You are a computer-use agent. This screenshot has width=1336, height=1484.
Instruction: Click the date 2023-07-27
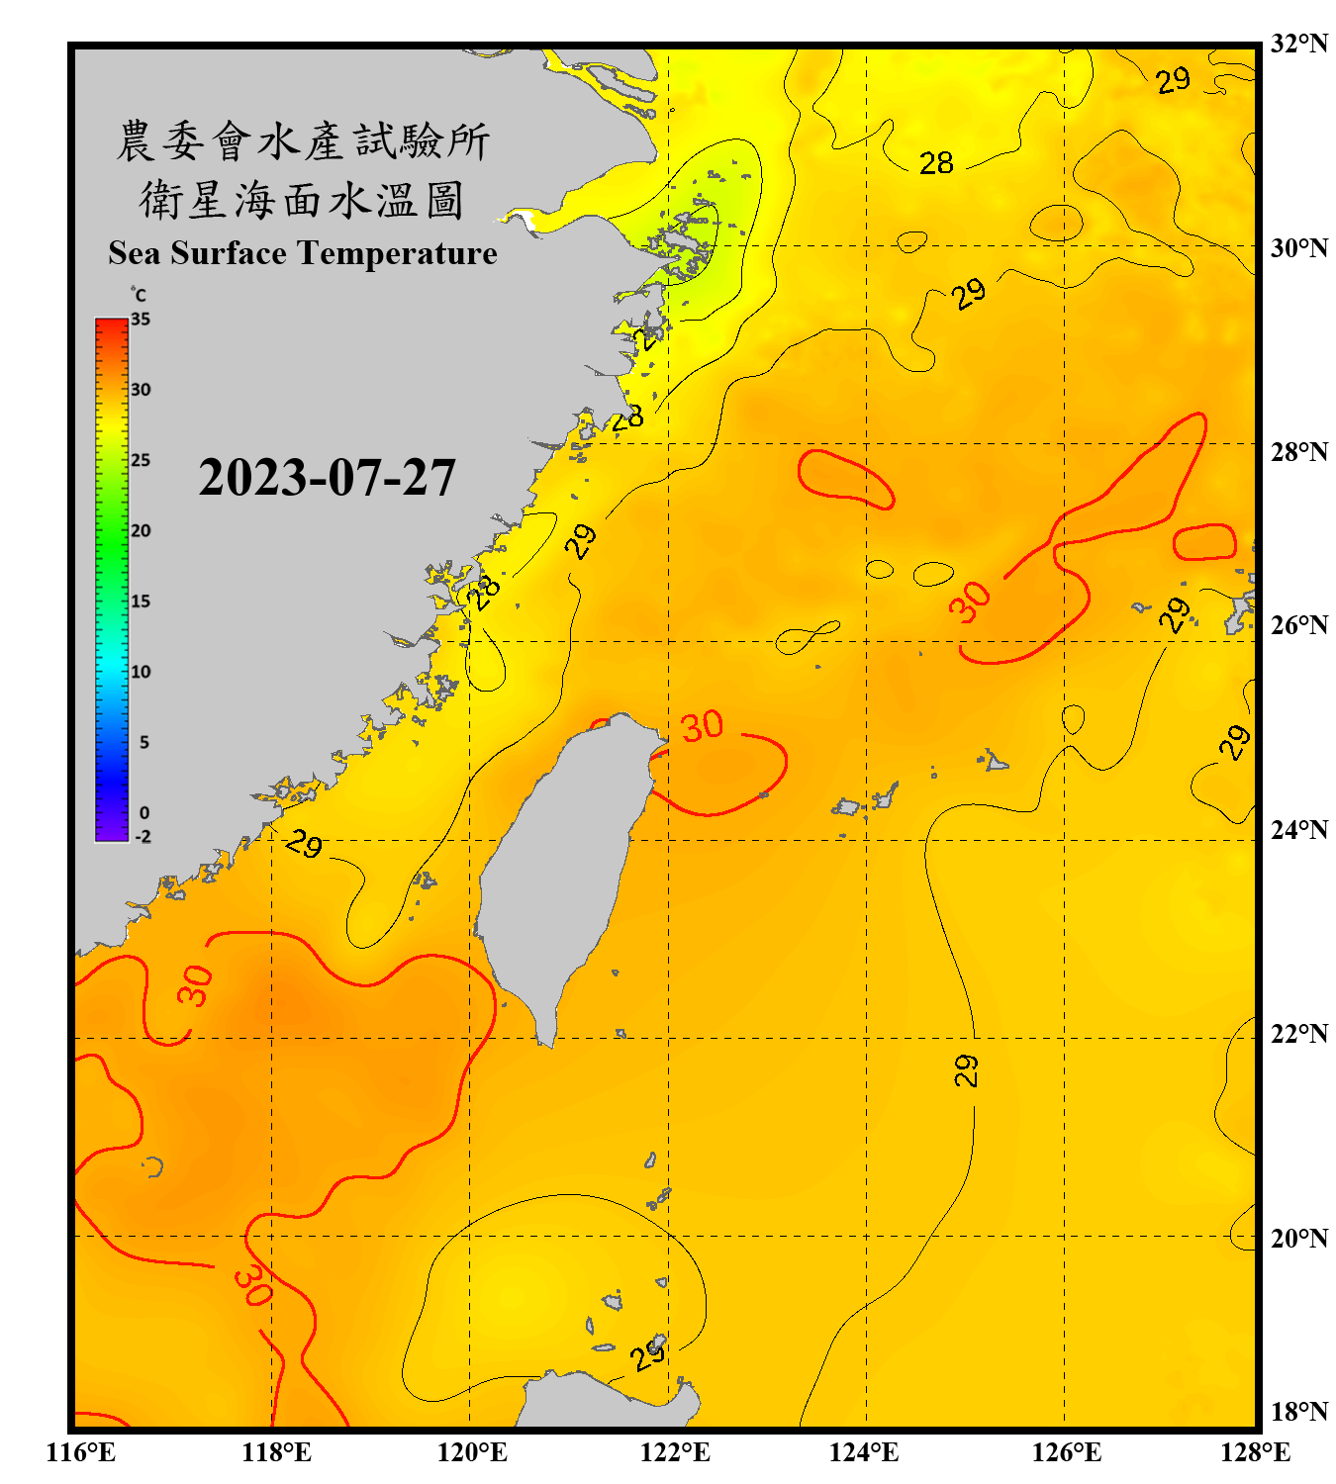tap(327, 478)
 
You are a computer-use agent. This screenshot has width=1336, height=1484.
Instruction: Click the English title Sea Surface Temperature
tap(303, 253)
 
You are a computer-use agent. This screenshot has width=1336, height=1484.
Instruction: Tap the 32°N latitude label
tap(1298, 44)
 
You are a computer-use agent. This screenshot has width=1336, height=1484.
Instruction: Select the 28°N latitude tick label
tap(1298, 452)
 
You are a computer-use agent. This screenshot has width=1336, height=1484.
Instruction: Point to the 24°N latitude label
tap(1298, 829)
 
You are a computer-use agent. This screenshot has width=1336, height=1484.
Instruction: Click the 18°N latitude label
tap(1298, 1411)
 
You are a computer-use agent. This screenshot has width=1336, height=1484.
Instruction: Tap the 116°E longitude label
tap(81, 1452)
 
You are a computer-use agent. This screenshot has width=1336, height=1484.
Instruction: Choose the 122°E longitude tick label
tap(675, 1452)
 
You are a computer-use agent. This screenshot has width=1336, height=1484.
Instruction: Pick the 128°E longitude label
tap(1255, 1452)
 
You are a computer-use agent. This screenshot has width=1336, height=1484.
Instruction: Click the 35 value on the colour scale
tap(141, 320)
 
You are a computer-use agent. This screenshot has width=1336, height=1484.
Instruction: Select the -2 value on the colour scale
tap(143, 837)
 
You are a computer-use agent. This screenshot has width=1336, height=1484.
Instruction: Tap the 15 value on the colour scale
tap(141, 602)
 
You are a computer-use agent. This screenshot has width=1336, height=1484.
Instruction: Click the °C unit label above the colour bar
tap(138, 295)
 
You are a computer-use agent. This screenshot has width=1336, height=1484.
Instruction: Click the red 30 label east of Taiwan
tap(702, 726)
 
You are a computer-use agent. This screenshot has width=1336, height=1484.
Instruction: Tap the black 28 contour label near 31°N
tap(936, 163)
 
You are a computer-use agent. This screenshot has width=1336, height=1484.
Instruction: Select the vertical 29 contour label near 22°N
tap(966, 1070)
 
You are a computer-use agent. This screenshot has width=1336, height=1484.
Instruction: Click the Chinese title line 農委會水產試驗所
tap(303, 141)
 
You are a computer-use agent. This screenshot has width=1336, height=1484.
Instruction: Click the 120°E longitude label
tap(472, 1452)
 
